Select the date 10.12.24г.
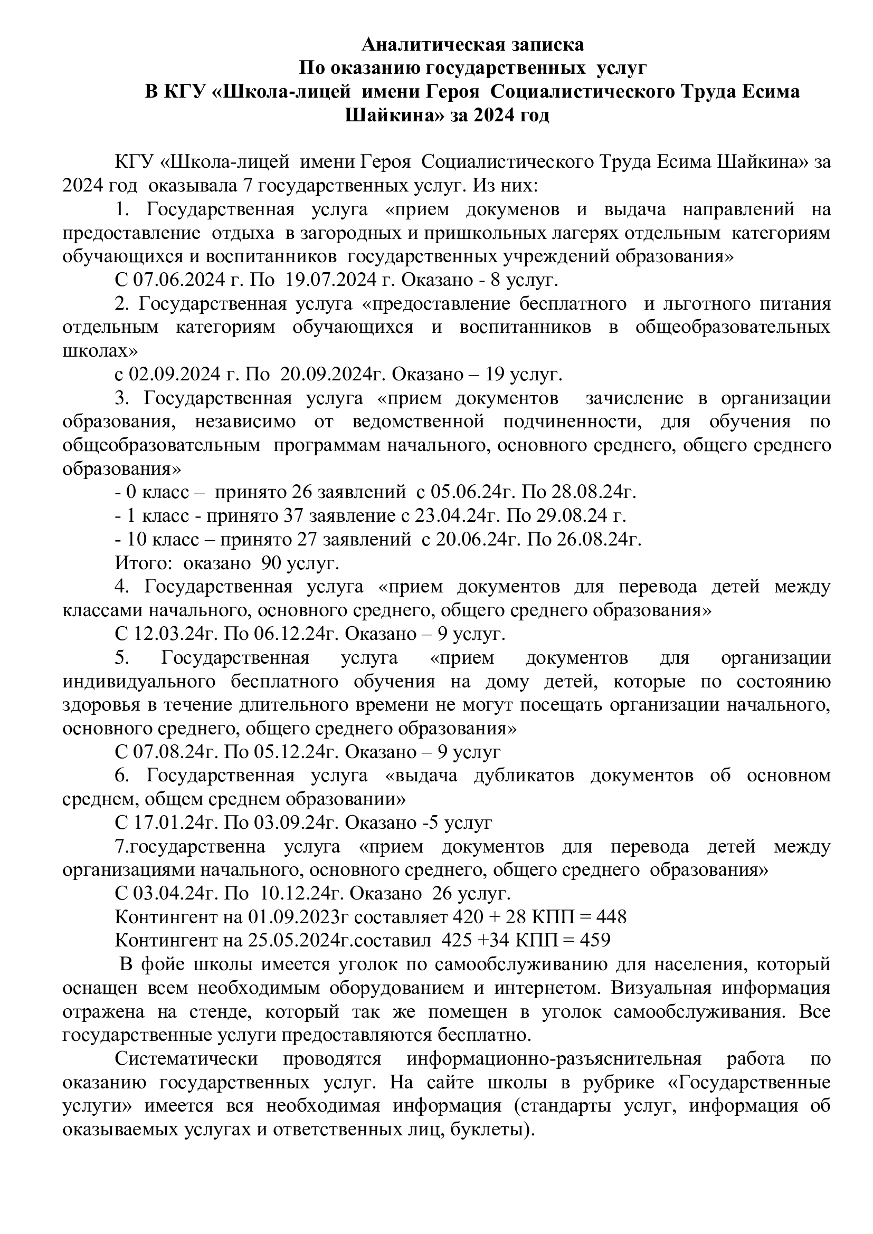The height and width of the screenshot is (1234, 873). pos(302,893)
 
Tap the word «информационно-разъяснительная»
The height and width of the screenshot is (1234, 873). pos(554,1059)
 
